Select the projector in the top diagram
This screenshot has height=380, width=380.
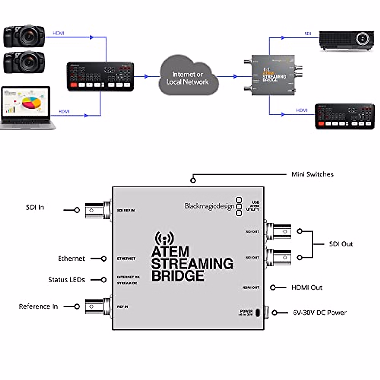(x=346, y=40)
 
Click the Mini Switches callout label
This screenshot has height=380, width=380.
(x=312, y=174)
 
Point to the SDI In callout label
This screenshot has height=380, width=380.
(x=35, y=207)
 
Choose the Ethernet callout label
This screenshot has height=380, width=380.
(x=71, y=259)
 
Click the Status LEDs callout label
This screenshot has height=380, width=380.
(x=66, y=280)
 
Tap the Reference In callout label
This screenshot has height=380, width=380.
(x=38, y=307)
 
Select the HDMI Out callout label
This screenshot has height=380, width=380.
(x=307, y=288)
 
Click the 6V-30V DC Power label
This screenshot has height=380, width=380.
(x=320, y=313)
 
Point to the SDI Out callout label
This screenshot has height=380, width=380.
(x=341, y=244)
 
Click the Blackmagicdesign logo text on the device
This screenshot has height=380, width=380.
(x=209, y=206)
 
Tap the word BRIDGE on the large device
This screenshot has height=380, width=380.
(x=178, y=276)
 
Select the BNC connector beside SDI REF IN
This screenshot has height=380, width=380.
(x=98, y=210)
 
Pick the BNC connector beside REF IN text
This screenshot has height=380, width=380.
(x=98, y=307)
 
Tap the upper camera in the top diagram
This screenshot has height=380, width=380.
(x=24, y=37)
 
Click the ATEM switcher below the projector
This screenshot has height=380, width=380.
(x=345, y=116)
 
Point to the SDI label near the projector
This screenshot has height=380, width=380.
(x=308, y=33)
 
